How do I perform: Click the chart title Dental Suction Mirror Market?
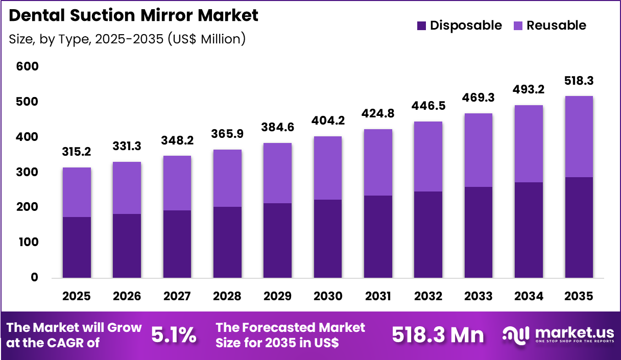(134, 15)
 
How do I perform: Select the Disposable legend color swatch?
(421, 26)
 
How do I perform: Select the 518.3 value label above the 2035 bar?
(579, 81)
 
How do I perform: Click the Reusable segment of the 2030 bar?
(328, 167)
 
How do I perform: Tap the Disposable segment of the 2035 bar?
(579, 227)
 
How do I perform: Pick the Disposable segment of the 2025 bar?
(77, 247)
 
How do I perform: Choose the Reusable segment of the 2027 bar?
(177, 183)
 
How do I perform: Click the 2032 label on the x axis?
(428, 297)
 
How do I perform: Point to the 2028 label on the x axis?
(227, 297)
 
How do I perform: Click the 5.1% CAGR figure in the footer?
(174, 335)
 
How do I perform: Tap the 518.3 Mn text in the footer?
(438, 335)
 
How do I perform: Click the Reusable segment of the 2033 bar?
(478, 150)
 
